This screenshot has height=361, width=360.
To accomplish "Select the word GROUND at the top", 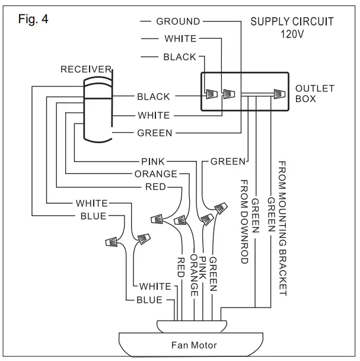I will [x=178, y=22].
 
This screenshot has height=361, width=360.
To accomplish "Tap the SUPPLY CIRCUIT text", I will [x=292, y=22].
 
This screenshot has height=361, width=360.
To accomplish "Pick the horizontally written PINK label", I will [x=154, y=161].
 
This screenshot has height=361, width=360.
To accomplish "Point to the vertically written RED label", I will [x=181, y=268].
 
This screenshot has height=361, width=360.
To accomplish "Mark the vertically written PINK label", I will [x=203, y=271].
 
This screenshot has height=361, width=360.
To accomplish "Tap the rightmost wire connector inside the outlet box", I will [x=277, y=94].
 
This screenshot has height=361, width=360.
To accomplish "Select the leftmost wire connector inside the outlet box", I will [x=212, y=94].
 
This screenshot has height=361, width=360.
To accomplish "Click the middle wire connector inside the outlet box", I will [x=229, y=94].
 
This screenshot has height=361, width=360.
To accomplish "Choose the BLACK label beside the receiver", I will [x=153, y=97].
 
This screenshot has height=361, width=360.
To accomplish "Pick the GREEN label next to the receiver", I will [x=154, y=134].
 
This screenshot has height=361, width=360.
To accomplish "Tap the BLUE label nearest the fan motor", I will [x=149, y=300].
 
